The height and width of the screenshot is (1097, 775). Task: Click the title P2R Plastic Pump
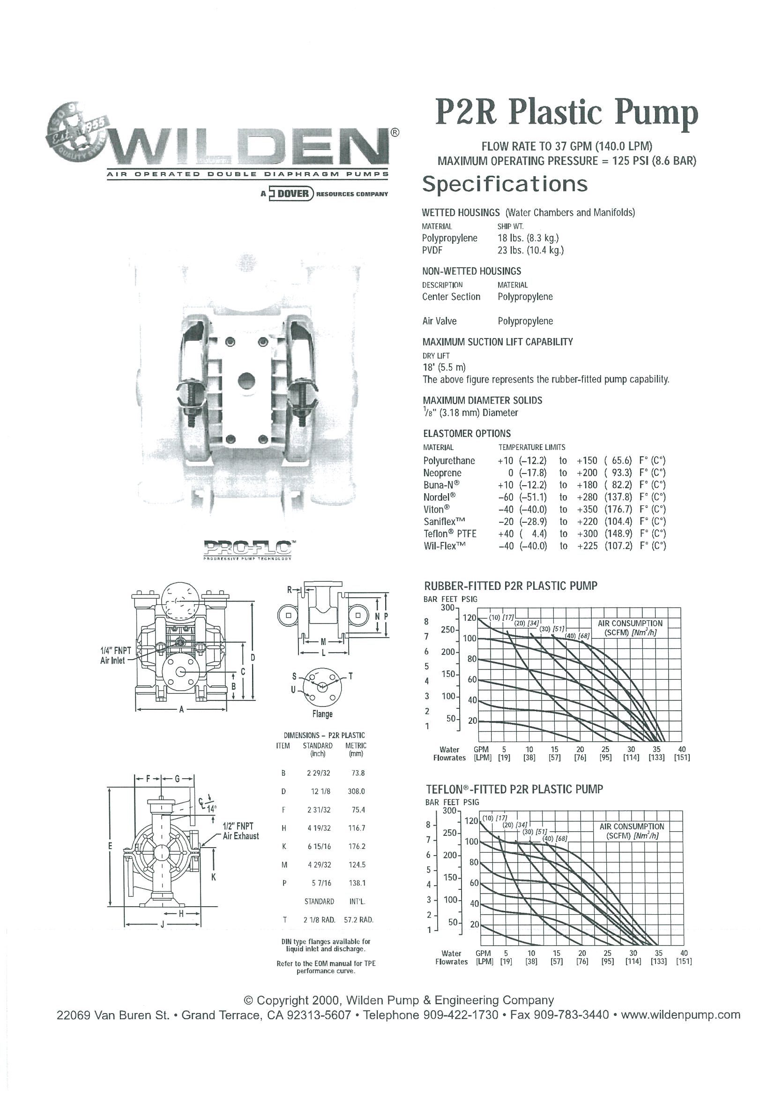pos(566,113)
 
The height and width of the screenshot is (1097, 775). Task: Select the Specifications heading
pos(505,184)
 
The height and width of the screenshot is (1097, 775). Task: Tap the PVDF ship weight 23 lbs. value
pos(530,250)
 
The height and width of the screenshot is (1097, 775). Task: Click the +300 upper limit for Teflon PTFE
pos(587,533)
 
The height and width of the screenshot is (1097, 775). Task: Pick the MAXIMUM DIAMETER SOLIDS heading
pos(482,400)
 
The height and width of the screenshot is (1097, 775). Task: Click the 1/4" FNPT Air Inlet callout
pos(115,655)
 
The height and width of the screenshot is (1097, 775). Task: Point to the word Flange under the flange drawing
pos(322,714)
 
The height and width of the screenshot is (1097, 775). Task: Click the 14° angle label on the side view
pos(211,809)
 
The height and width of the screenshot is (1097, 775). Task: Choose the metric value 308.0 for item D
pos(356,791)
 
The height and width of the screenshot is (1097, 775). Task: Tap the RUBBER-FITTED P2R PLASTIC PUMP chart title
pos(510,586)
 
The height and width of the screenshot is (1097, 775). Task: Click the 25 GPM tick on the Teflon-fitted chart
pos(607,953)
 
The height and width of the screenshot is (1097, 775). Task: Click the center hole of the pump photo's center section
pos(246,381)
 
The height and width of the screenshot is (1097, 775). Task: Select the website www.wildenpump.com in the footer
pos(680,1014)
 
